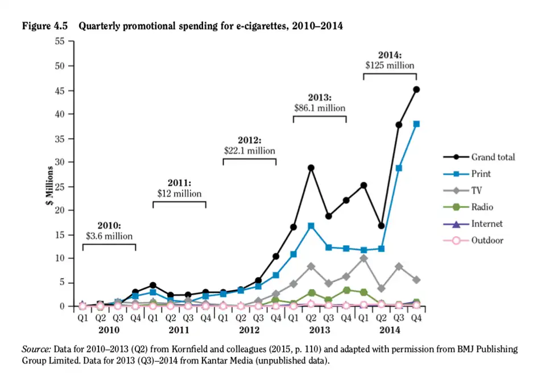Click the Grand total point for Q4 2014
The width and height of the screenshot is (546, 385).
[x=416, y=89]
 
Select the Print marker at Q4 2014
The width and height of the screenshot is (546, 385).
[x=416, y=124]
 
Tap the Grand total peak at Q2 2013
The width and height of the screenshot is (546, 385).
[x=311, y=168]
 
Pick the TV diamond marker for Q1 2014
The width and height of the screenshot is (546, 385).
[x=364, y=258]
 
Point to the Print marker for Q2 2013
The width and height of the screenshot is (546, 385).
[x=311, y=225]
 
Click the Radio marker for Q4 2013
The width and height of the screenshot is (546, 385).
[x=346, y=290]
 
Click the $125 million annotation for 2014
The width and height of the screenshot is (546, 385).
[x=390, y=65]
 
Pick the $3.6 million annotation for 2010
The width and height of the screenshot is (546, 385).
[x=109, y=236]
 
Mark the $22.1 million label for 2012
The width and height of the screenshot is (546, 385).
[x=249, y=150]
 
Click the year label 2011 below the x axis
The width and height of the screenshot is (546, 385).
[x=179, y=329]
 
